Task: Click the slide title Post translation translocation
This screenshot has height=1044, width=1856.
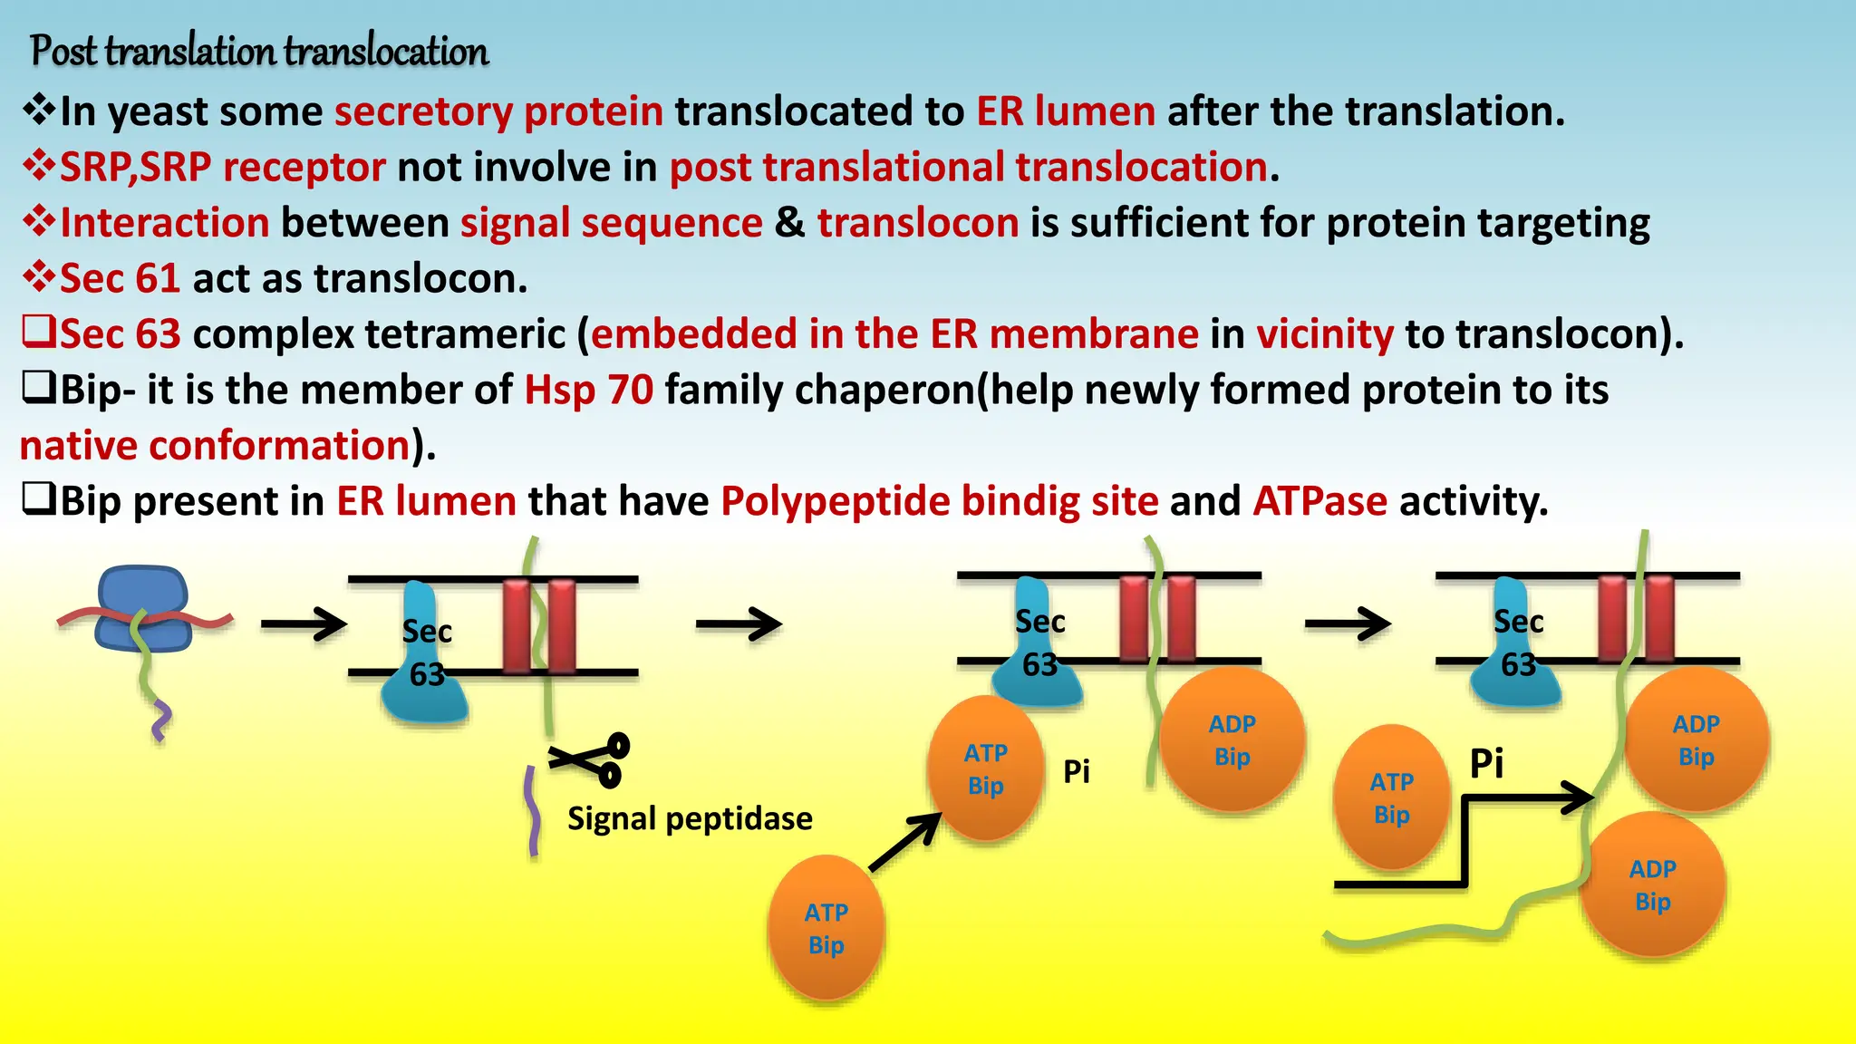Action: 259,51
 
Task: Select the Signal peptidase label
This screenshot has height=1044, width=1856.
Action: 690,818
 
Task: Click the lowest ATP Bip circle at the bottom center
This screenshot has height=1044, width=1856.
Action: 826,928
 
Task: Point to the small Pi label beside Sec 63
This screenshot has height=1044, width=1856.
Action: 1077,772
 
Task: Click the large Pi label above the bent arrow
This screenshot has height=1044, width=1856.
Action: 1486,763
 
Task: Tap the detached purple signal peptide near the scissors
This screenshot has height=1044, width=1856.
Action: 533,812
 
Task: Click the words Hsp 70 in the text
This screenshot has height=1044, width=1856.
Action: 589,390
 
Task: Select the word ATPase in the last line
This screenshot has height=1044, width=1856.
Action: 1319,501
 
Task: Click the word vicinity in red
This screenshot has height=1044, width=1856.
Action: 1324,333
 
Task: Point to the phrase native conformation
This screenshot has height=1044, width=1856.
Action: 216,446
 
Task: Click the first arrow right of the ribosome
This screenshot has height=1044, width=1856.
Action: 304,623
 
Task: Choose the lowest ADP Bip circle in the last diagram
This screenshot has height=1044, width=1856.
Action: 1652,884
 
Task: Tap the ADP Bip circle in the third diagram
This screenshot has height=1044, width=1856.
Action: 1232,739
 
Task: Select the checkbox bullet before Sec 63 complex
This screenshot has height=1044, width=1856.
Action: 39,333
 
